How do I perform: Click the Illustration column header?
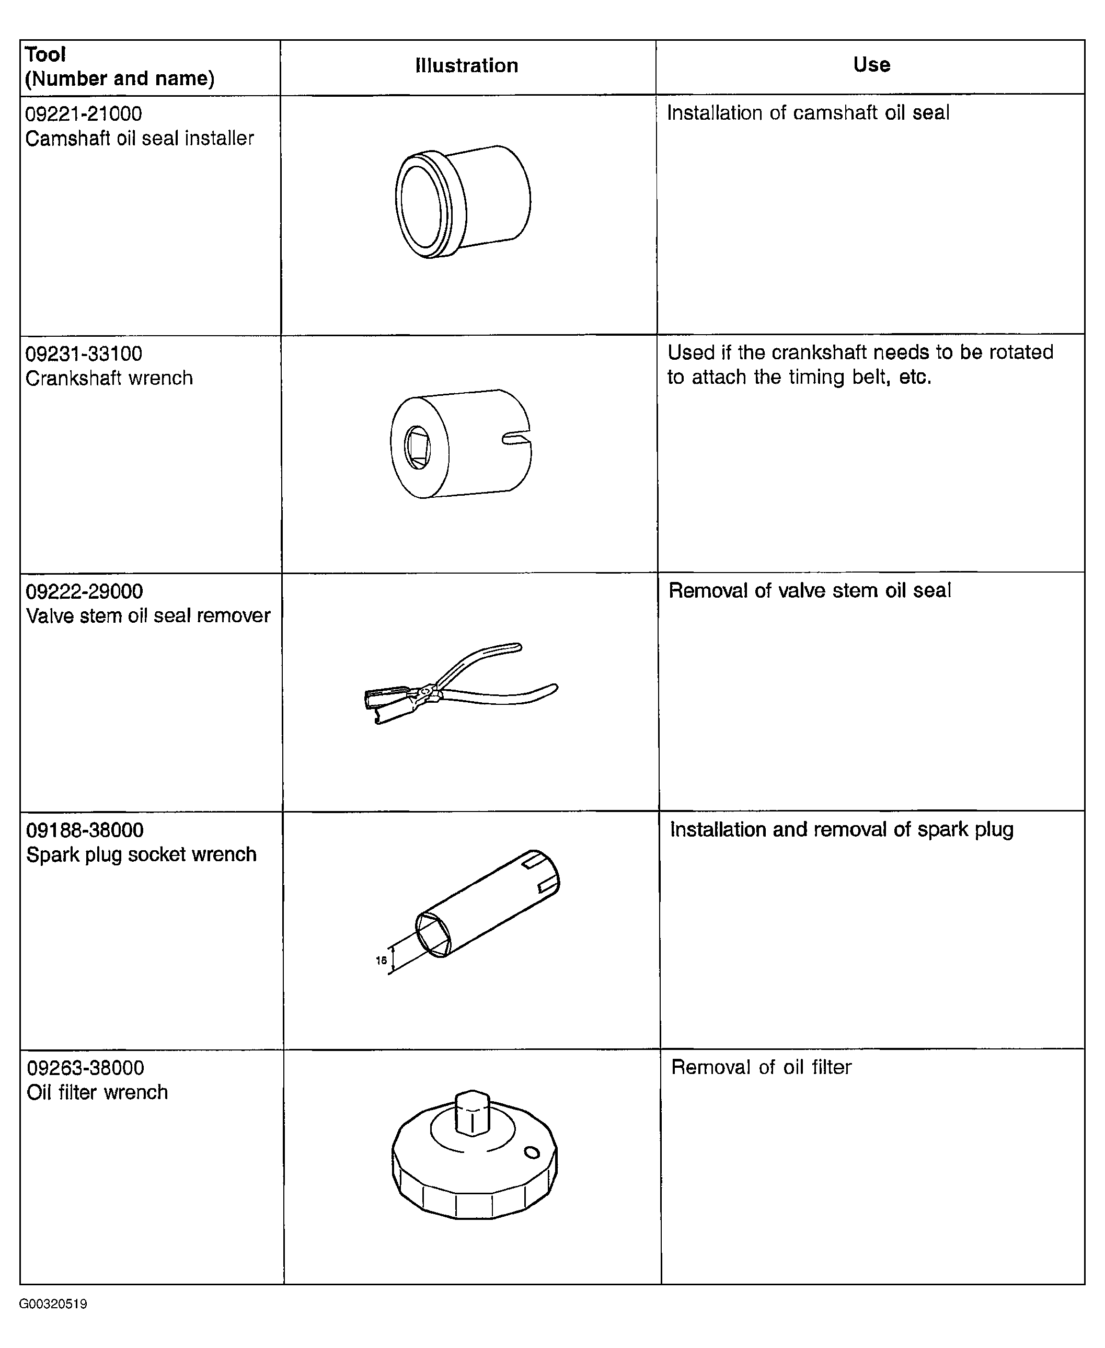pyautogui.click(x=467, y=65)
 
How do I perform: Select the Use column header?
pyautogui.click(x=871, y=64)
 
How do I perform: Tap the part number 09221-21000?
pyautogui.click(x=84, y=114)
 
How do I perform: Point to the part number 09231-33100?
pyautogui.click(x=84, y=353)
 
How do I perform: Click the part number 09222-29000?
pyautogui.click(x=84, y=591)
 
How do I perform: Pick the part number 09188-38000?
pyautogui.click(x=85, y=830)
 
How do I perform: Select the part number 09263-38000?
pyautogui.click(x=85, y=1068)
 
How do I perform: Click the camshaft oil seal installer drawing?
pyautogui.click(x=463, y=201)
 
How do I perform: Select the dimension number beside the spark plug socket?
pyautogui.click(x=381, y=960)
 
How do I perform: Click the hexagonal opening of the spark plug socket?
pyautogui.click(x=433, y=935)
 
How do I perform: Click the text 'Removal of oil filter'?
pyautogui.click(x=761, y=1067)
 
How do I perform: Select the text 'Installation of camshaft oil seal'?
pyautogui.click(x=808, y=113)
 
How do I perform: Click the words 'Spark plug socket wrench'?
pyautogui.click(x=141, y=854)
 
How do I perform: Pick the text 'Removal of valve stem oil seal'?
pyautogui.click(x=810, y=590)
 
